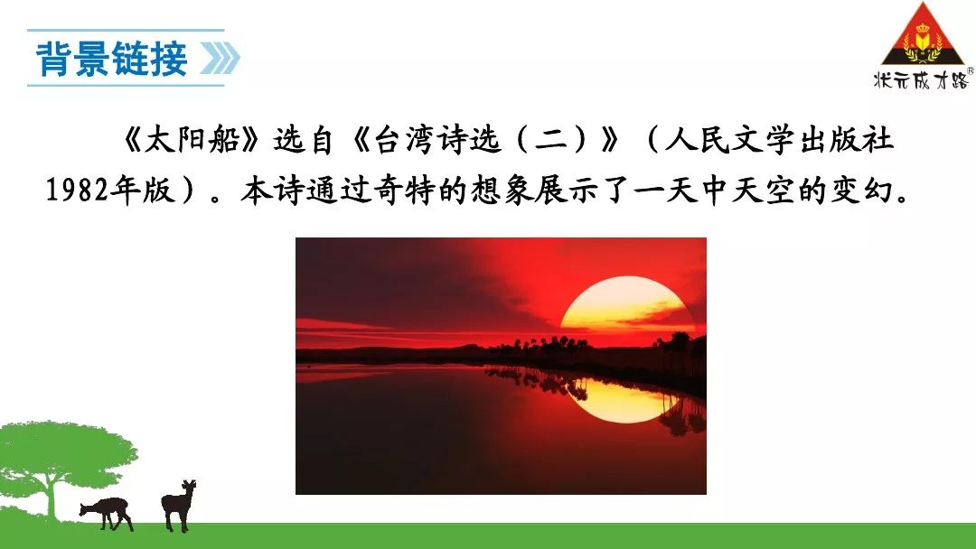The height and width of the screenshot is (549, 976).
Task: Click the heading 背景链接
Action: [x=112, y=59]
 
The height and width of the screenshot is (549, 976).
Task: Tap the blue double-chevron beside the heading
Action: [x=220, y=59]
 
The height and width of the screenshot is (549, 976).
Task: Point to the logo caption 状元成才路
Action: [x=921, y=79]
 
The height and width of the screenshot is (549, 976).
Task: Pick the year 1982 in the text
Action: [x=77, y=191]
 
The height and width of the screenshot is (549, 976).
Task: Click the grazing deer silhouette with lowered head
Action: [x=107, y=513]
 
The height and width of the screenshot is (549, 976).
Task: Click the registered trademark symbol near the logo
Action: [x=970, y=71]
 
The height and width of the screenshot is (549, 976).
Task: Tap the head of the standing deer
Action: [x=188, y=486]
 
